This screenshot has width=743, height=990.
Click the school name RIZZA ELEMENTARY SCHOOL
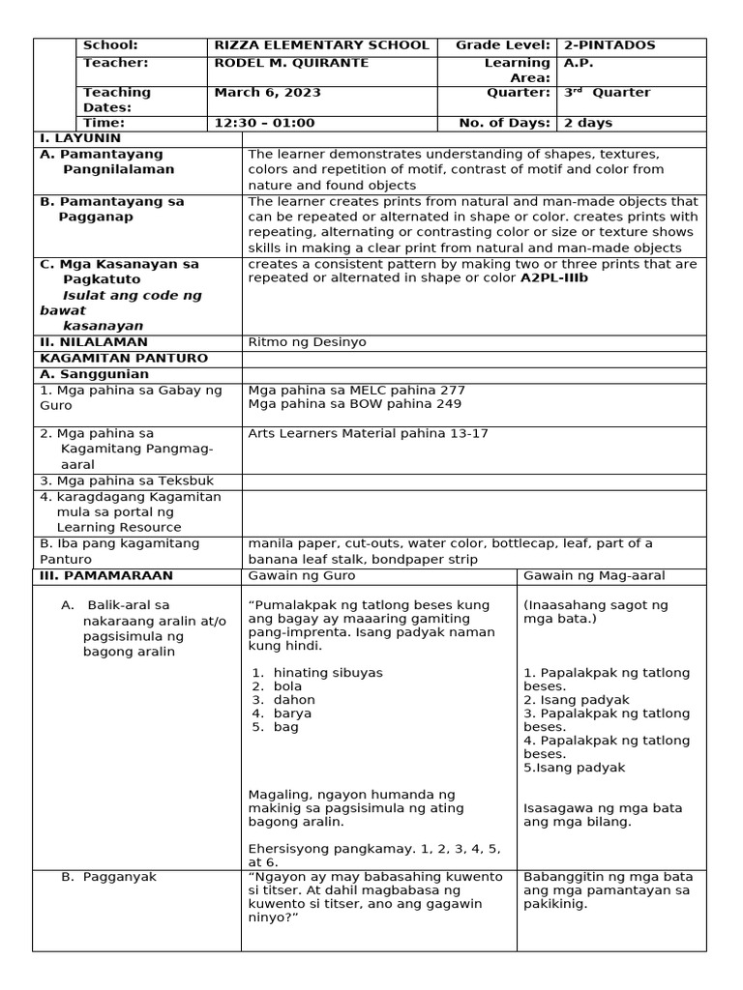click(321, 45)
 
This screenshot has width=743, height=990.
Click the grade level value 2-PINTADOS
click(609, 45)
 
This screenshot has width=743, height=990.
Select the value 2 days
click(588, 123)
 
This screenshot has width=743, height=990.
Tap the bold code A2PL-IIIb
click(554, 278)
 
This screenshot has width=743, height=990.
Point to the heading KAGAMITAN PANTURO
click(98, 358)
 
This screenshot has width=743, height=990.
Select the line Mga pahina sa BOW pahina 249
click(342, 404)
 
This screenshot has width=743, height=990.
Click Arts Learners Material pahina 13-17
click(369, 434)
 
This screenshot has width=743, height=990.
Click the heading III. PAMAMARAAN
click(106, 575)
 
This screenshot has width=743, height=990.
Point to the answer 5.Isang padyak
click(574, 768)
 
